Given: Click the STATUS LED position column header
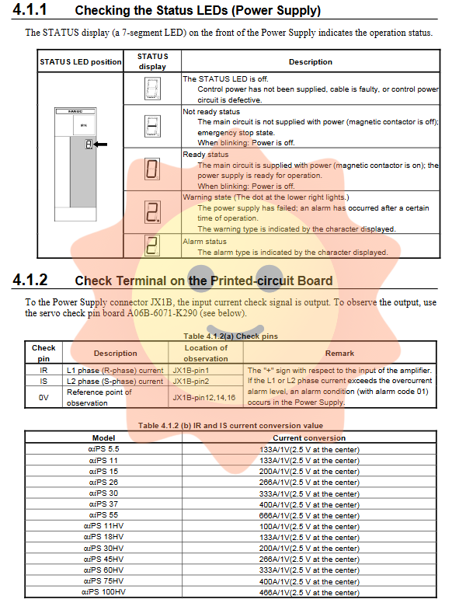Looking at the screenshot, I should click(x=81, y=62).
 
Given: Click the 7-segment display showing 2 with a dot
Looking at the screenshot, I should click(x=152, y=211).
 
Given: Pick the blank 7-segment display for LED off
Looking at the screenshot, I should click(x=152, y=89).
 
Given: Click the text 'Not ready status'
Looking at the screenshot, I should click(x=206, y=112).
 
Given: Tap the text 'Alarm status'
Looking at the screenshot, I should click(x=204, y=242).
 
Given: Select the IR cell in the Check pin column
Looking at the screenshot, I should click(x=43, y=371).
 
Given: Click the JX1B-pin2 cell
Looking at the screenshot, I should click(x=191, y=382).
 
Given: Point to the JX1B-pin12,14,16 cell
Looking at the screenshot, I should click(x=204, y=397).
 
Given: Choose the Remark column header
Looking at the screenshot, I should click(x=339, y=353).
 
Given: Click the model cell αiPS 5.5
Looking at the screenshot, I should click(x=103, y=449).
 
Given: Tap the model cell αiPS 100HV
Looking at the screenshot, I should click(x=103, y=592).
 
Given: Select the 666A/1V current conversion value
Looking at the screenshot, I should click(x=308, y=515).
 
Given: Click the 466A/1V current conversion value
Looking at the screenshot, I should click(x=308, y=592).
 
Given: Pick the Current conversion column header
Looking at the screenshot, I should click(x=308, y=438).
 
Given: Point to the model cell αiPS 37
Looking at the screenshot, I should click(x=103, y=504).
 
